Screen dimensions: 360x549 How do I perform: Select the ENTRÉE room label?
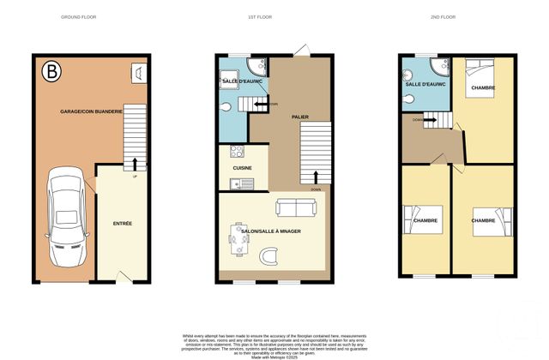click(123, 223)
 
